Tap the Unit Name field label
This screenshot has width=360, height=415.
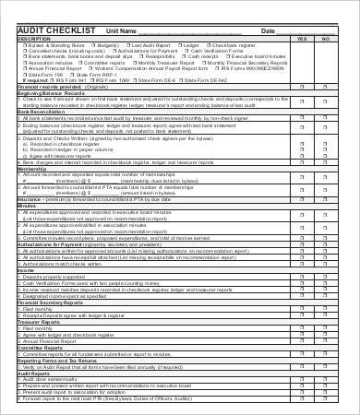coord(123,31)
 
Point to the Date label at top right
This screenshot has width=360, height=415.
coord(269,31)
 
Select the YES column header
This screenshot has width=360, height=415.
coord(302,39)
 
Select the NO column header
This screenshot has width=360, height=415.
coord(325,39)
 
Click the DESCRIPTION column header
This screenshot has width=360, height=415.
coord(36,39)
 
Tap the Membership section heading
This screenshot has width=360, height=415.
coord(33,169)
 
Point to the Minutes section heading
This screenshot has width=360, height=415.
coord(27,206)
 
